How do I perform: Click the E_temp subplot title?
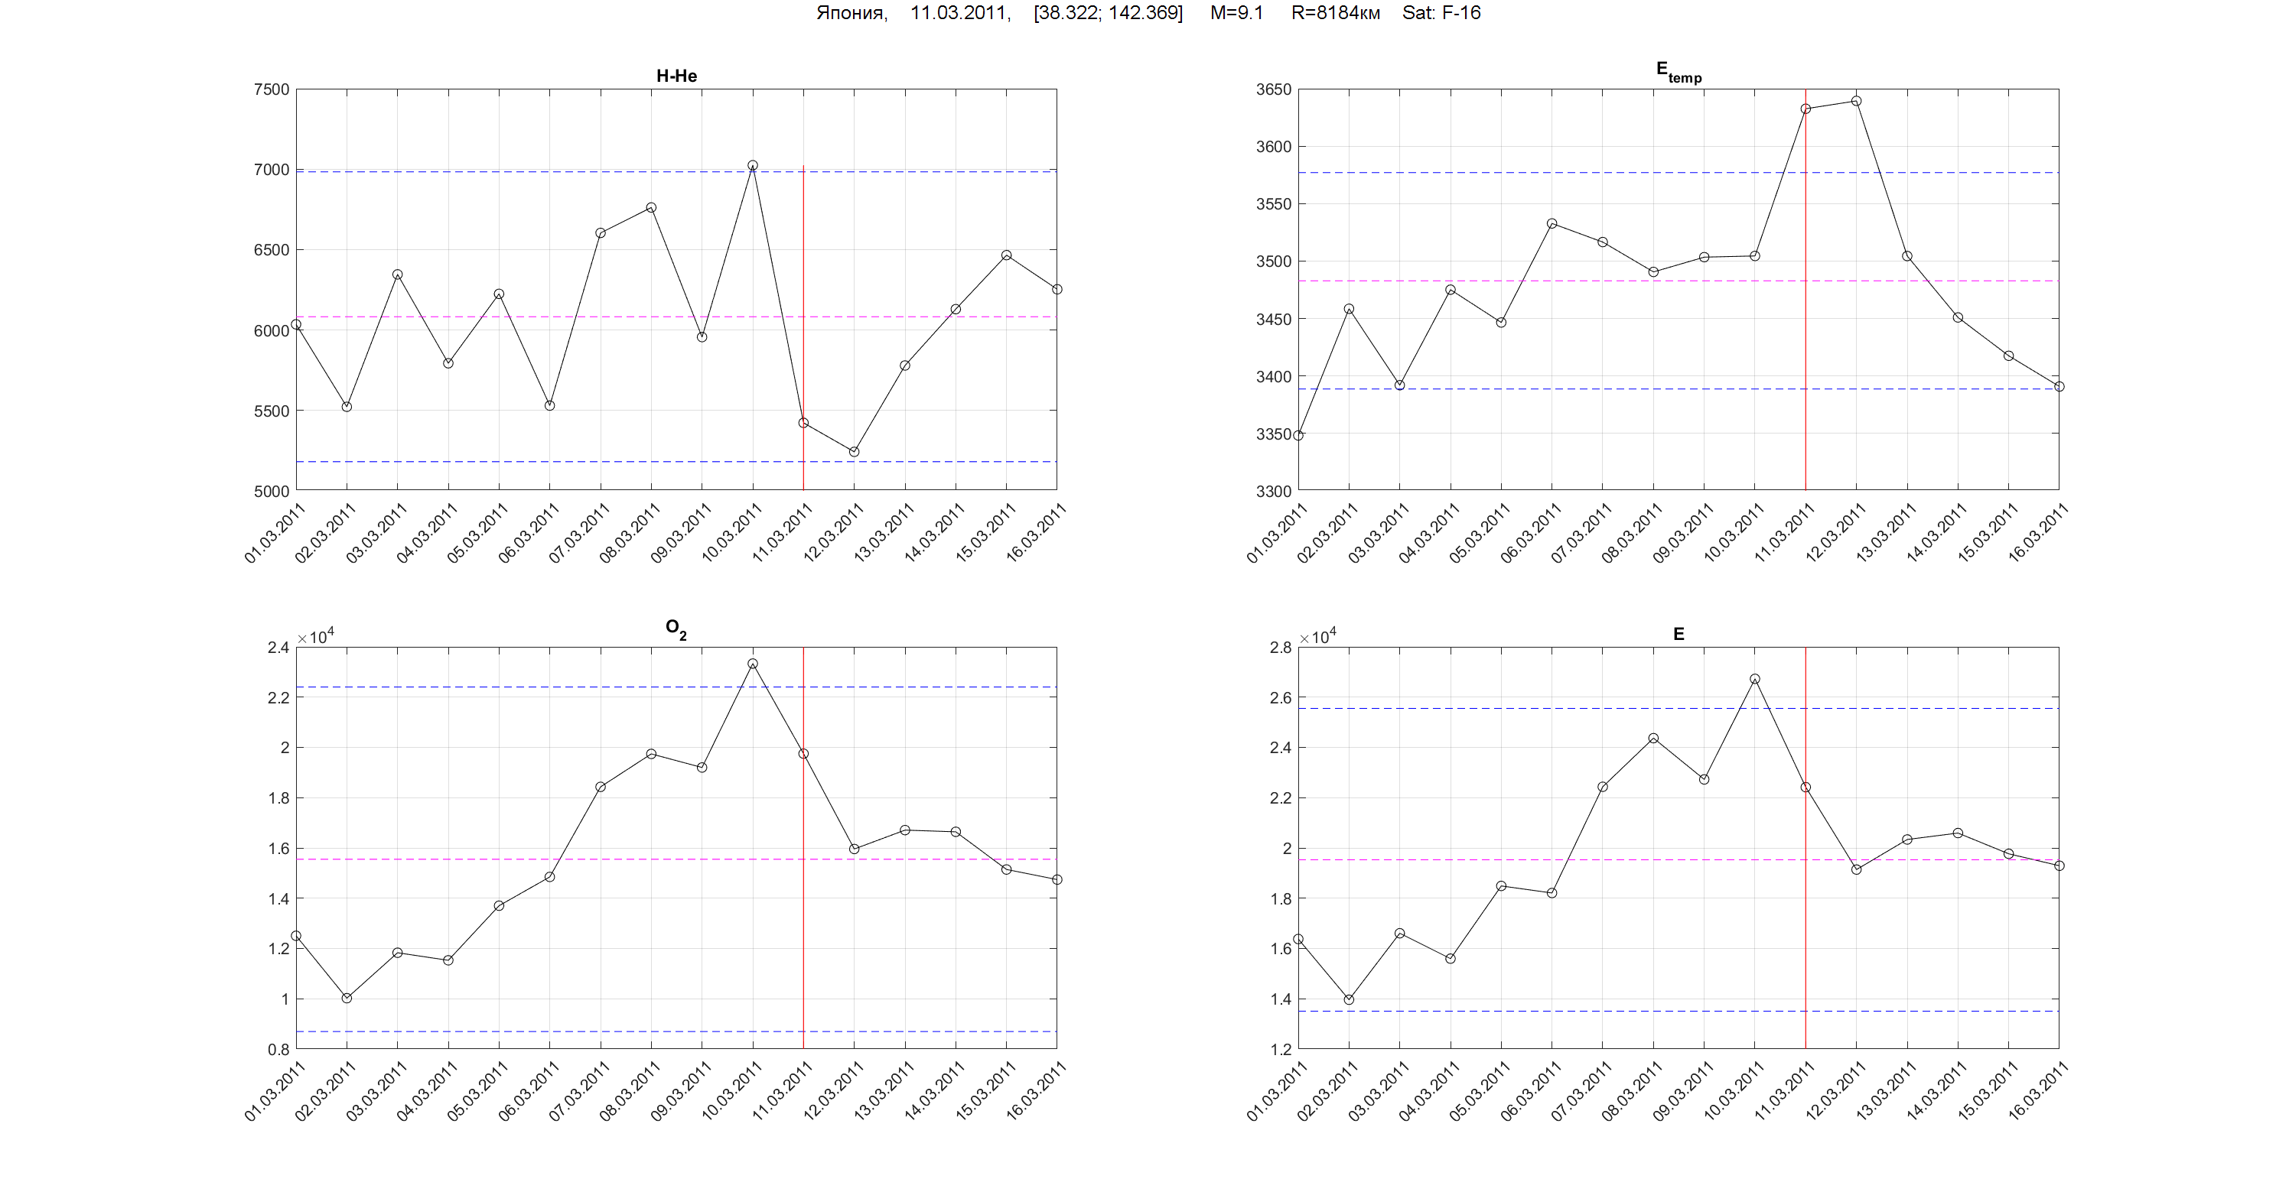point(1678,72)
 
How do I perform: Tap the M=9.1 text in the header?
point(1236,13)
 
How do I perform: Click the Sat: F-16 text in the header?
point(1441,13)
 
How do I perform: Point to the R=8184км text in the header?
point(1335,13)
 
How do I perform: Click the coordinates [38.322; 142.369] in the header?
point(1108,13)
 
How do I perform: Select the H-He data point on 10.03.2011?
point(753,165)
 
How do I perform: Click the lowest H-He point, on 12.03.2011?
point(855,452)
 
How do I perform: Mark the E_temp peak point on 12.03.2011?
point(1856,101)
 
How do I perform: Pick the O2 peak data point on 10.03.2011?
point(753,663)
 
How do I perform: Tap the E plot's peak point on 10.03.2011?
point(1755,679)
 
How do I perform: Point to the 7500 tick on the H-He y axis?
point(272,89)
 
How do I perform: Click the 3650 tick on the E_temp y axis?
point(1273,89)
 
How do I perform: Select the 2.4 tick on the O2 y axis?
point(278,648)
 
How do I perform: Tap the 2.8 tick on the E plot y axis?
point(1280,648)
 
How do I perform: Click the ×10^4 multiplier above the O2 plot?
point(315,637)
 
